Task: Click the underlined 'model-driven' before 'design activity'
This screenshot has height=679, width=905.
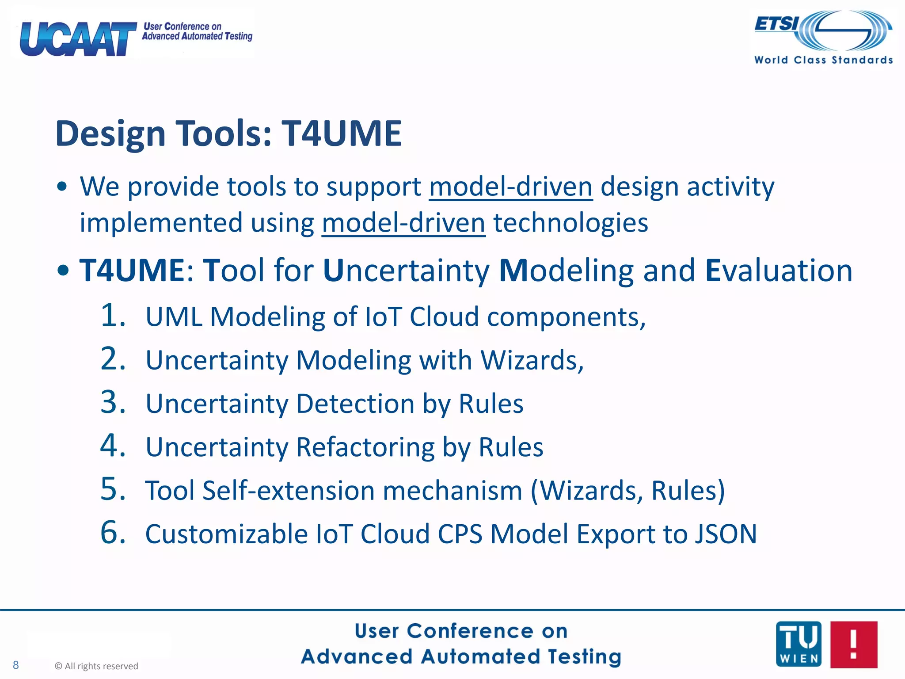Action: click(510, 187)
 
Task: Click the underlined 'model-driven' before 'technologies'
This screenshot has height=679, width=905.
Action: click(403, 223)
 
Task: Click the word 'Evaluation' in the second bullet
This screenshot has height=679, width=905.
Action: click(779, 270)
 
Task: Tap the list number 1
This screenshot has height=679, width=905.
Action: click(113, 316)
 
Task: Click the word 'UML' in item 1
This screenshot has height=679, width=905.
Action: click(174, 317)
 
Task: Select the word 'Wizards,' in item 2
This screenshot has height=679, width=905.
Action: click(532, 360)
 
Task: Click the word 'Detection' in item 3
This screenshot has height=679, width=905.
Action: click(355, 404)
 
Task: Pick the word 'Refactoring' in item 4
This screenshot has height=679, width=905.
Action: click(365, 447)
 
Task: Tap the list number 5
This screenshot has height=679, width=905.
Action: click(113, 489)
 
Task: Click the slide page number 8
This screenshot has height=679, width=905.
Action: click(16, 665)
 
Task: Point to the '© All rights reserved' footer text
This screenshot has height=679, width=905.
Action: click(96, 666)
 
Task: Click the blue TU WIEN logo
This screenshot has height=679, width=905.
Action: click(799, 644)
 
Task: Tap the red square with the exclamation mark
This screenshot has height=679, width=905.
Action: click(853, 644)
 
